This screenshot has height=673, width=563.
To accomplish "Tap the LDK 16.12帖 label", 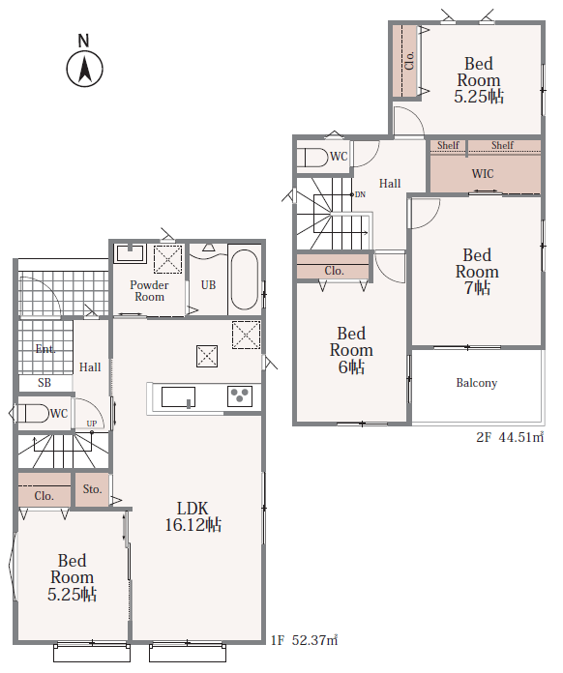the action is [193, 516].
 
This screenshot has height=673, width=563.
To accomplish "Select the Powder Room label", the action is [149, 291].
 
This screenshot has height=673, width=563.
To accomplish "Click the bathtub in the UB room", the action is [245, 279].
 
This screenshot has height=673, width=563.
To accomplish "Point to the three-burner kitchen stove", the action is [240, 396].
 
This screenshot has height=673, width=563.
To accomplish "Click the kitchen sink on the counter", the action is [178, 397].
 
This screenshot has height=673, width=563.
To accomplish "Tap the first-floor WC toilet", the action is [33, 413].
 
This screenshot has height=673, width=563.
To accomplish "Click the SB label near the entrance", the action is [44, 383].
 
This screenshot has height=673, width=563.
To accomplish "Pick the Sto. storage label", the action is [92, 489].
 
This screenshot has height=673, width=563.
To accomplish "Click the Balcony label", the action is [477, 383].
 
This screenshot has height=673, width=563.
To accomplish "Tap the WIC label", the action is [483, 174].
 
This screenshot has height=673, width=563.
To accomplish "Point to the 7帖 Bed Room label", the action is [477, 272].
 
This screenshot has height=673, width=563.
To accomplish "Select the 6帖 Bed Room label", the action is [351, 350].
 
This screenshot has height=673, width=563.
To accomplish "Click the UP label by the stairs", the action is [92, 424].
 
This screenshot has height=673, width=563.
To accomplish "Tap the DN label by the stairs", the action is [360, 195].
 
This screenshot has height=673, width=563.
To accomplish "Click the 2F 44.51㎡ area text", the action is [510, 437].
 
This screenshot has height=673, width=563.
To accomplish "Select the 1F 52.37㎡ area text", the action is [305, 640].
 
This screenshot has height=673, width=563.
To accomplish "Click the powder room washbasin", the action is [130, 253].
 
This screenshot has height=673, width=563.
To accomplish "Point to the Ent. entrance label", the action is [45, 349].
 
